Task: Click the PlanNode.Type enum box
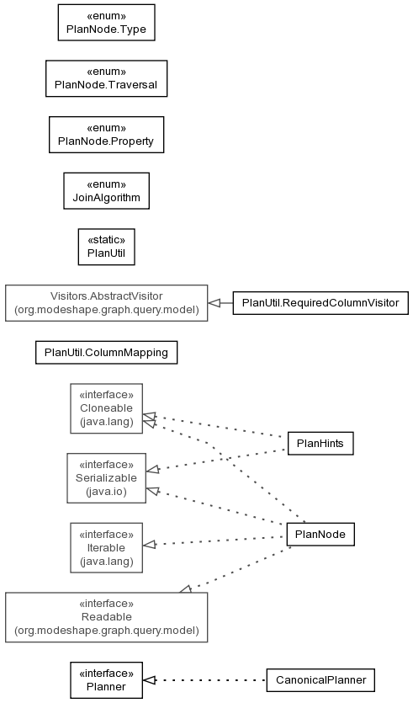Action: (x=106, y=23)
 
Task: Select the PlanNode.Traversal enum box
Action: (x=106, y=78)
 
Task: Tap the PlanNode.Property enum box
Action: (x=106, y=135)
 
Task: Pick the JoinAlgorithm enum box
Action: (x=106, y=190)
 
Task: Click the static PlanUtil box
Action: (x=106, y=247)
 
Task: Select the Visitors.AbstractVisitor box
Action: (x=106, y=302)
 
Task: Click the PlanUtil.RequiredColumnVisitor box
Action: (x=320, y=302)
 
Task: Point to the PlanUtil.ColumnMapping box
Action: (x=106, y=353)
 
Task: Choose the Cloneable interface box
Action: (x=106, y=408)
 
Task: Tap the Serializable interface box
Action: (x=106, y=478)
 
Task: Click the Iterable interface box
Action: (x=106, y=547)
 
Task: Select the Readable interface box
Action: (x=106, y=617)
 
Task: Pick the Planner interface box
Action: (x=106, y=680)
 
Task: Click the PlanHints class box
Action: (x=320, y=444)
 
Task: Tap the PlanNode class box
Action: (x=320, y=534)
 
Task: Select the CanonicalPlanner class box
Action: (x=320, y=680)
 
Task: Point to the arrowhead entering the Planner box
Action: (x=149, y=680)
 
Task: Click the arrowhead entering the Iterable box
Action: (x=149, y=545)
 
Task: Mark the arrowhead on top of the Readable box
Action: (x=186, y=588)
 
